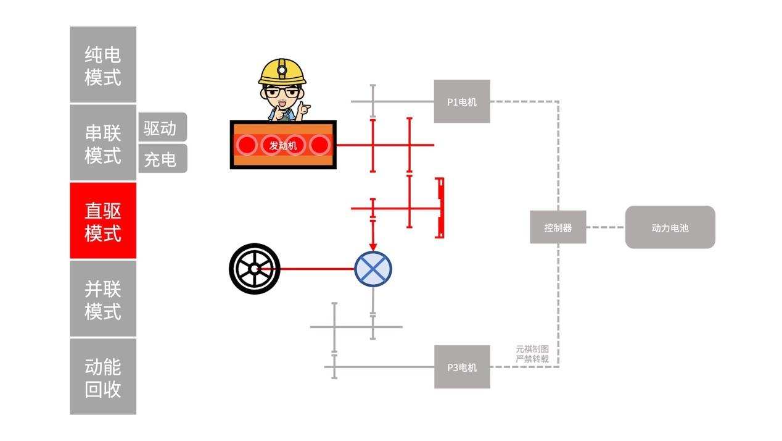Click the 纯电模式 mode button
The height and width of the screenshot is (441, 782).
coord(102,65)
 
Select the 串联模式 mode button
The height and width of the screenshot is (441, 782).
coord(102,143)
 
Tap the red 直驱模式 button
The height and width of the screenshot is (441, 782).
coord(102,220)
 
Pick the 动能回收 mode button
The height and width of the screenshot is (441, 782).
coord(102,376)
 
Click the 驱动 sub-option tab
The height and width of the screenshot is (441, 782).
coord(162,128)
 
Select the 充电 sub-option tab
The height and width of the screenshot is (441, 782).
coord(162,159)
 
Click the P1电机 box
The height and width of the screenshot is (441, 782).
coord(462,101)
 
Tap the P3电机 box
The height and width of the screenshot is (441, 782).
coord(462,367)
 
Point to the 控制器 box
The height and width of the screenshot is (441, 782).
coord(558,227)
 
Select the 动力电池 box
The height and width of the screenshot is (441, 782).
coord(670,227)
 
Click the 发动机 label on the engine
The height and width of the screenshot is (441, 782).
coord(283,145)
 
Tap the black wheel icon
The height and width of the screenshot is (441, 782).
coord(254,269)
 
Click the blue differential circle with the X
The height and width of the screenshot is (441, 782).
coord(373,269)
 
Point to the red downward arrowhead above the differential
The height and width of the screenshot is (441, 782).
coord(373,246)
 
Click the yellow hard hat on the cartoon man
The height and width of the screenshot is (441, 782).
coord(282,71)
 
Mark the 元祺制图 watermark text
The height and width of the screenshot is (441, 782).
coord(532,349)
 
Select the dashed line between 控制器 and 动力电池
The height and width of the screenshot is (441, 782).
coord(605,227)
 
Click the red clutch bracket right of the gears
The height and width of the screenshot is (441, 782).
coord(440,208)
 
